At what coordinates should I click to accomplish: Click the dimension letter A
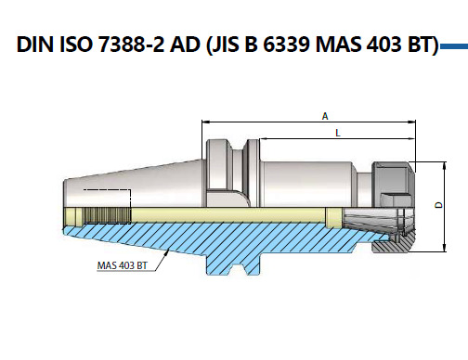(x=325, y=116)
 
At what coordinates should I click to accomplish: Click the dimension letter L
(x=338, y=133)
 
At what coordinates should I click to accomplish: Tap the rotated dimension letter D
(x=438, y=205)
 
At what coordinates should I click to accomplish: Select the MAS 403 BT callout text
(x=123, y=265)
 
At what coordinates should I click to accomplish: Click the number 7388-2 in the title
(x=131, y=44)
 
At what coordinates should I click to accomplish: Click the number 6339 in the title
(x=286, y=44)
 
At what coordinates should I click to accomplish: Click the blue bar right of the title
(x=454, y=46)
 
